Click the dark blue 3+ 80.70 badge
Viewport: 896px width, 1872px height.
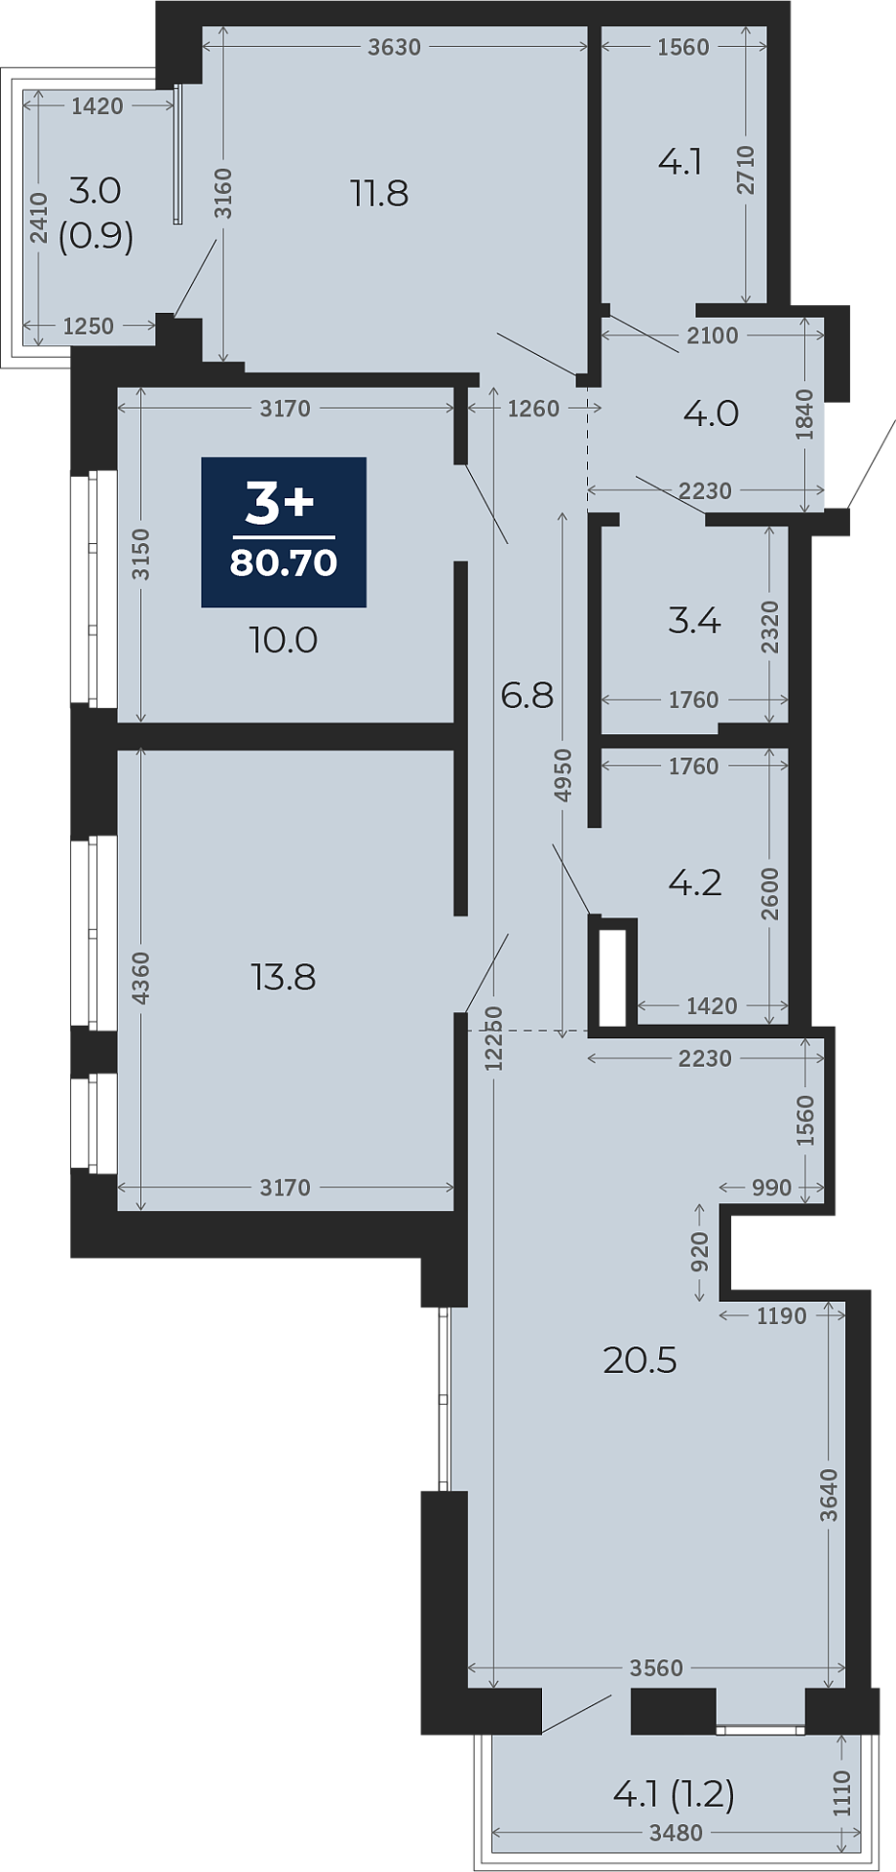point(284,531)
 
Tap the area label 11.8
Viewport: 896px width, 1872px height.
point(379,193)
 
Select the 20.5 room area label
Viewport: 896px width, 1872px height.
point(640,1359)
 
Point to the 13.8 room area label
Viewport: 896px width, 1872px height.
point(284,976)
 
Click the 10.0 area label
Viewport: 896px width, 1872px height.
point(284,641)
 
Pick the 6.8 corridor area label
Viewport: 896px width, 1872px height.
point(526,695)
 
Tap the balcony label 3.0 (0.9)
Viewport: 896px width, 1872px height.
point(96,213)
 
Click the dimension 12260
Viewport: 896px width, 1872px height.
point(494,1039)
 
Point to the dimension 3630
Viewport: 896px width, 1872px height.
point(394,47)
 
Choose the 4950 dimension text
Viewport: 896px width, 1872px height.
point(563,775)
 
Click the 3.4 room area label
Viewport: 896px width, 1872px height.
point(694,620)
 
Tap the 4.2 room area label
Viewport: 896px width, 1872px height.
point(694,882)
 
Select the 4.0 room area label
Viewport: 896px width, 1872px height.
point(711,413)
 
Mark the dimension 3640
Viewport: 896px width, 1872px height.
point(829,1494)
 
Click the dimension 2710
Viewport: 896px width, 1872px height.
point(746,169)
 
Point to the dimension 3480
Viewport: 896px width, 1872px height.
point(676,1833)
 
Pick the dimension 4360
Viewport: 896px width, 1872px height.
point(141,978)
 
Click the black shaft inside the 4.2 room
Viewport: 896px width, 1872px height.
point(612,976)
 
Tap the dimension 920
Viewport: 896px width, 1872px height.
point(699,1252)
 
